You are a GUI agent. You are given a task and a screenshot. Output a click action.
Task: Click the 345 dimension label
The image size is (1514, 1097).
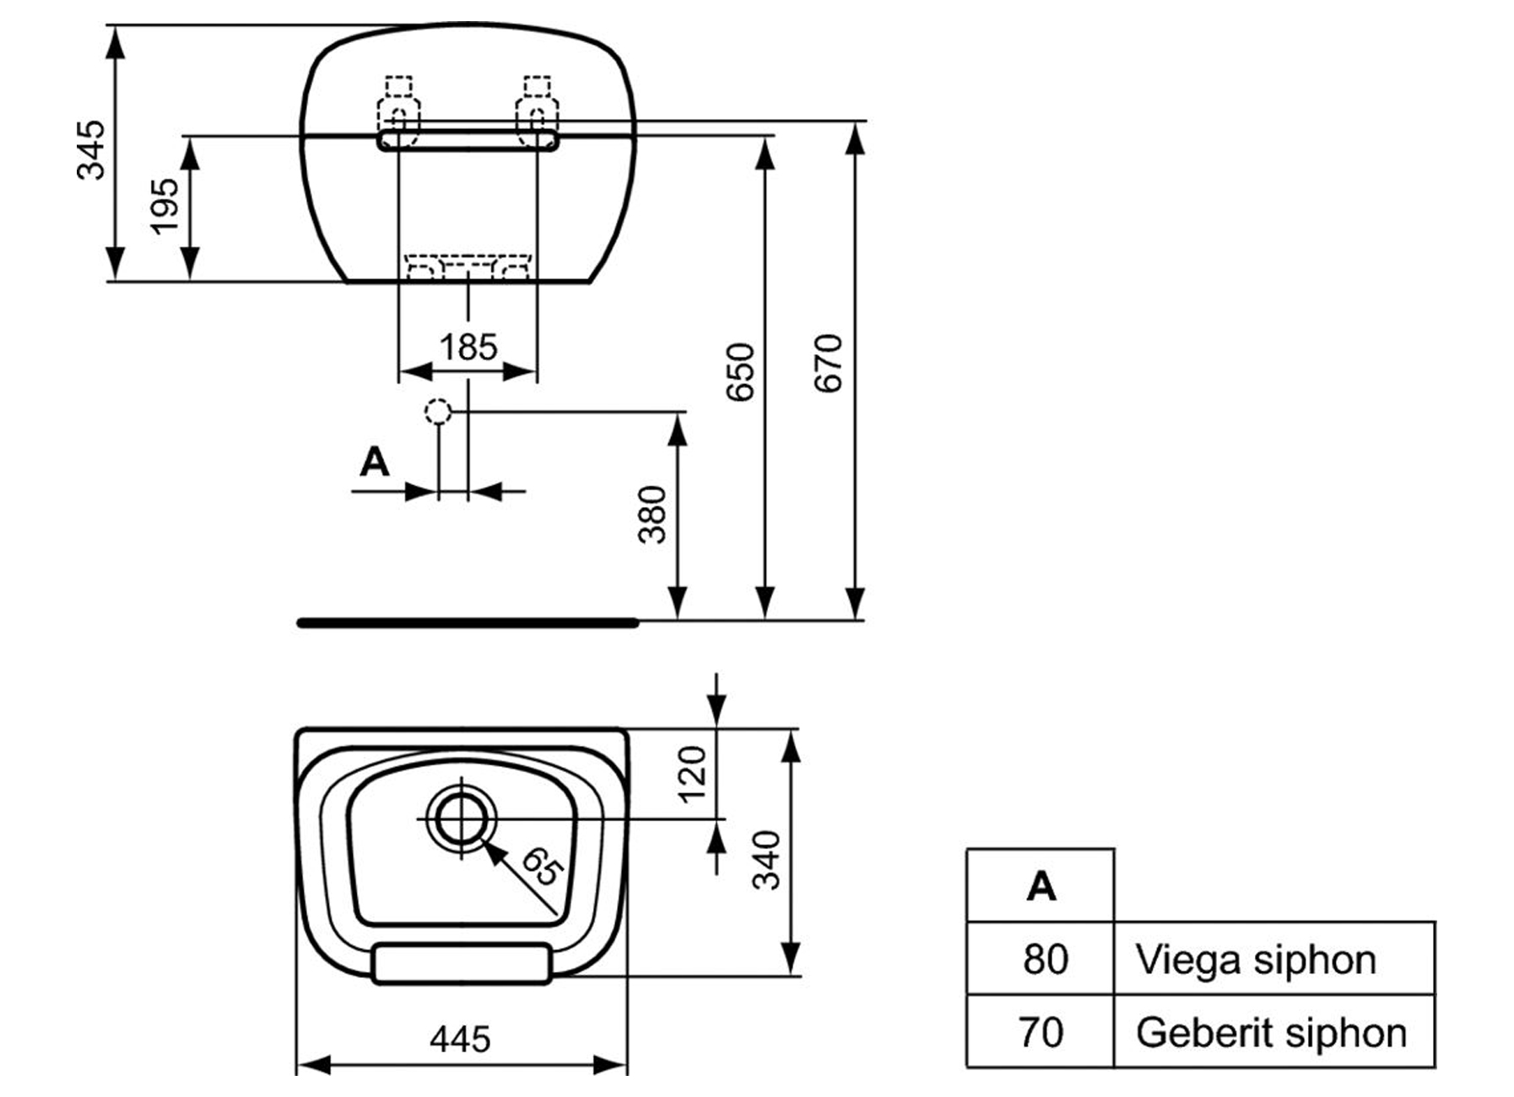pos(91,150)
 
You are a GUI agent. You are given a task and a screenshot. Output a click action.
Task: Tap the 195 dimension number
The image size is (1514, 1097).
pos(165,205)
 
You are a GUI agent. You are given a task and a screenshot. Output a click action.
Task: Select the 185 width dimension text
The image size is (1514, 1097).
pos(468,347)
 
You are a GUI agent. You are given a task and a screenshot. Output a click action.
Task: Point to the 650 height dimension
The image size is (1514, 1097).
pos(740,371)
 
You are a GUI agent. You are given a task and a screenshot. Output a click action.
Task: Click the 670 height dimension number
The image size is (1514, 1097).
pos(829,363)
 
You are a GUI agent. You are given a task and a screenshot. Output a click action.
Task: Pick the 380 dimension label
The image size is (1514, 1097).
pos(652,514)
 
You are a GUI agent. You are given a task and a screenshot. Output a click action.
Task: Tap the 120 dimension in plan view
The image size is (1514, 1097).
pos(692,774)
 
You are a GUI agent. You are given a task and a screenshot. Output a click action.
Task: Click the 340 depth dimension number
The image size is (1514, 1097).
pos(767,860)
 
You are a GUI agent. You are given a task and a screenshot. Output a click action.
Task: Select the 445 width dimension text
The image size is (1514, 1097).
pos(460,1040)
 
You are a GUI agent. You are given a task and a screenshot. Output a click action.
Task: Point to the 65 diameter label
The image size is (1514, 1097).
pos(541,867)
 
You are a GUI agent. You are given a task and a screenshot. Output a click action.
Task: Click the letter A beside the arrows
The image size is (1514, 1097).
pos(374,462)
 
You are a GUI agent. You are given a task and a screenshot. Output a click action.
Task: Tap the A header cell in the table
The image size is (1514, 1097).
pos(1041,886)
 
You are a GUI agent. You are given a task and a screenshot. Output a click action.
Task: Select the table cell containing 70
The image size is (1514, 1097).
pos(1041,1032)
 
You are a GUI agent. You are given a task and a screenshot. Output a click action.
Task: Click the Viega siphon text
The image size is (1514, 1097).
pos(1255,959)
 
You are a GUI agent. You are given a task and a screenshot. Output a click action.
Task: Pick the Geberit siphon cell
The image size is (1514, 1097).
pos(1270,1032)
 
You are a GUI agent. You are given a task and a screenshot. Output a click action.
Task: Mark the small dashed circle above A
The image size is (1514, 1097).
pos(438,411)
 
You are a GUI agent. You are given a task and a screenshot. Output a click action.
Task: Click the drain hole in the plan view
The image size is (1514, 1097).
pos(461,819)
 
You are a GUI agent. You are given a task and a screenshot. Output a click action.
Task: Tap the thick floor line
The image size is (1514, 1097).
pos(468,623)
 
